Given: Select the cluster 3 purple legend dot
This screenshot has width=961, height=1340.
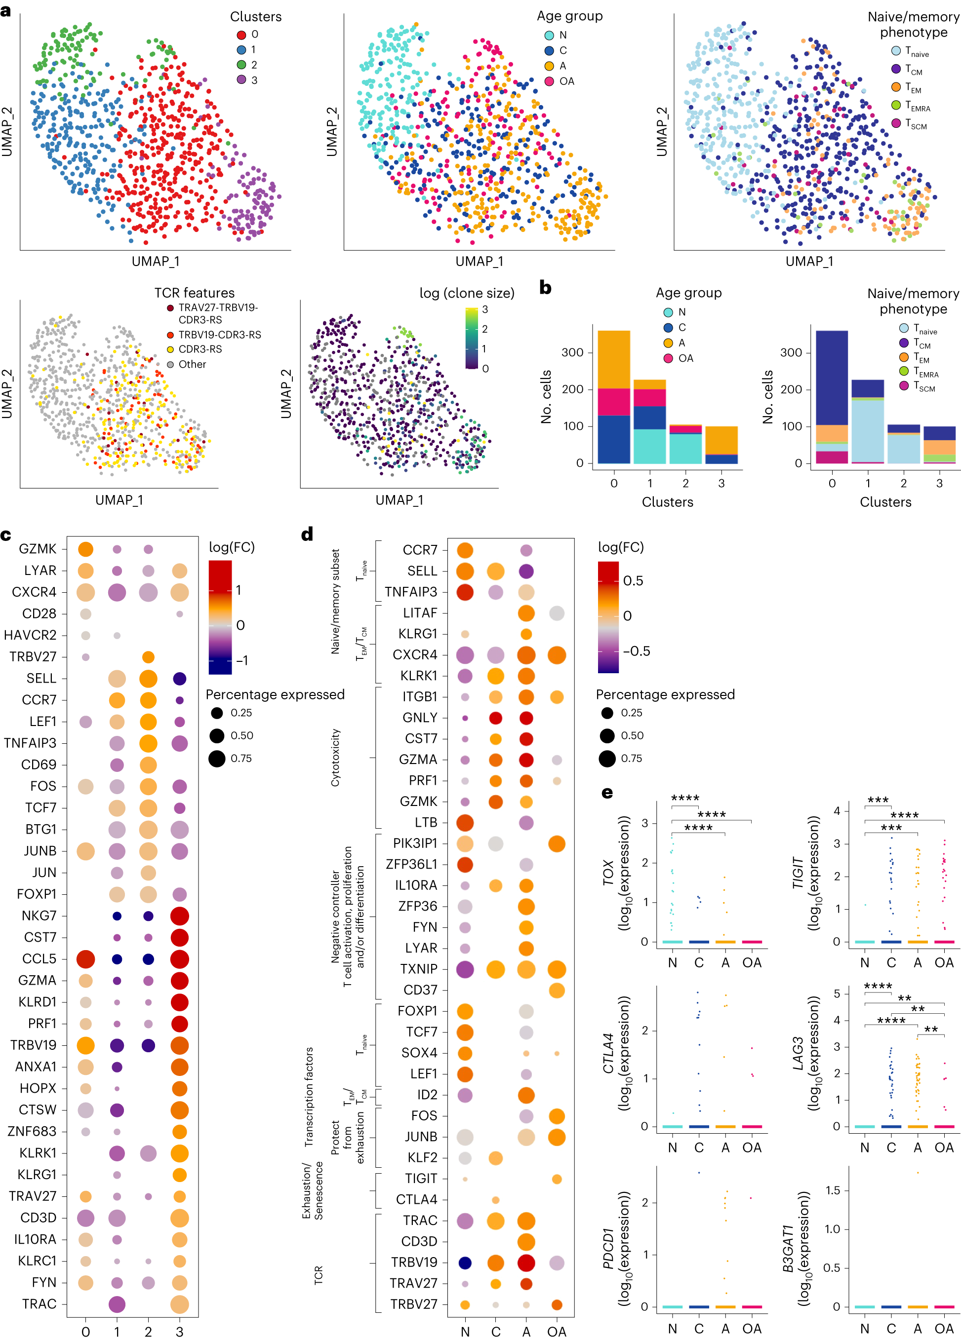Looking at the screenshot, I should point(241,80).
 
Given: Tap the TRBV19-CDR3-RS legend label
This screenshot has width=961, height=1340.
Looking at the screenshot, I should point(220,335).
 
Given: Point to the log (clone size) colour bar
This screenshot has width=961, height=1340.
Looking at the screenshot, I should point(471,338).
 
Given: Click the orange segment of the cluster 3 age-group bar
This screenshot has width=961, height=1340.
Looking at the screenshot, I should point(721,440).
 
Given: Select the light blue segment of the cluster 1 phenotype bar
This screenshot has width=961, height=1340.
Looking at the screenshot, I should point(867,431).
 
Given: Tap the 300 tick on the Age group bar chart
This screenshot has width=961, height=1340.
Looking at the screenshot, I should point(572,353).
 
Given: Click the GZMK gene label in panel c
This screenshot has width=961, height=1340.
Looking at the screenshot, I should point(38,549).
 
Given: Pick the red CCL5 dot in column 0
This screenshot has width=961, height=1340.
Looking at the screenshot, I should point(86,959).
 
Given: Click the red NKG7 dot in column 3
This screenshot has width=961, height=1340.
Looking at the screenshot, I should point(179,916).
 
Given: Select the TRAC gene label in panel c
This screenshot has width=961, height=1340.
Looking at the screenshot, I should point(39,1303).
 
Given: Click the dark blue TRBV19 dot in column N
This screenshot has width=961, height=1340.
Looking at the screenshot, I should point(465,1263).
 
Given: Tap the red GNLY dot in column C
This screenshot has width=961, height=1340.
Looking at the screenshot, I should point(496,718).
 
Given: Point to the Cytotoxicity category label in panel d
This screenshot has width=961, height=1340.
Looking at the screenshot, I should point(336,758).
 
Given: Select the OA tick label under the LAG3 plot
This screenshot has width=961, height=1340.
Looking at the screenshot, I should point(944,1148).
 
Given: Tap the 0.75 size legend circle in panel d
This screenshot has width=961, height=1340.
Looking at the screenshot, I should point(607,759).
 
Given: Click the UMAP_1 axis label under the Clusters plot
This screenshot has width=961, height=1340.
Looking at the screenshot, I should point(156,261).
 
